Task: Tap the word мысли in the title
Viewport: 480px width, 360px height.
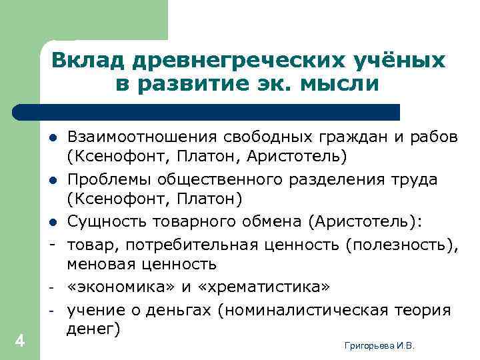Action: (x=340, y=84)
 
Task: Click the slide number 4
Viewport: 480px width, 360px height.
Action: (x=19, y=341)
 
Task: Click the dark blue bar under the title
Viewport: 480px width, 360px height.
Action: (x=207, y=111)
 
